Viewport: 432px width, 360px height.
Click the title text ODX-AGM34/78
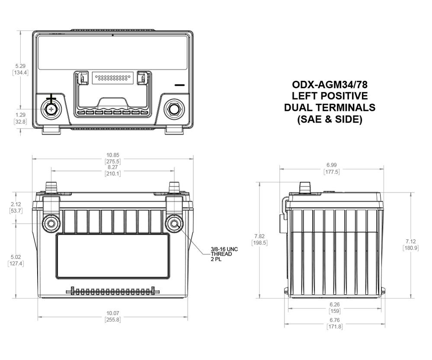coord(330,84)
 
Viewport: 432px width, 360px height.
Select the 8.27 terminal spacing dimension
coord(113,167)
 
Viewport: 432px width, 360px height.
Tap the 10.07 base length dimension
coord(113,313)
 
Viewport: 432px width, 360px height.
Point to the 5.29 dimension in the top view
coord(20,66)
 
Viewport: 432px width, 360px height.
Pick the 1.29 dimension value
coord(20,115)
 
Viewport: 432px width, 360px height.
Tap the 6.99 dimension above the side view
coord(332,165)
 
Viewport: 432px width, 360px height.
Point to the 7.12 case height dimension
coord(410,241)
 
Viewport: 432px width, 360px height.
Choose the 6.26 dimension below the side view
coord(334,305)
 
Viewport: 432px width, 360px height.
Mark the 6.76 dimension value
coord(334,320)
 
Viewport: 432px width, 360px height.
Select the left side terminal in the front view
coord(51,223)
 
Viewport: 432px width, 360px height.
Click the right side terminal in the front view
coord(174,223)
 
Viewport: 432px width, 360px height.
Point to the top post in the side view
coord(306,187)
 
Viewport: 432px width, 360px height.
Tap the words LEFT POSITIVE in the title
coord(330,96)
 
